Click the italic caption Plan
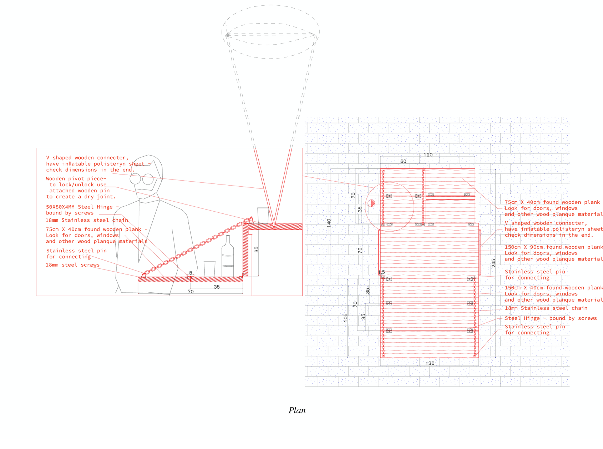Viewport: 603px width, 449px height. pos(297,410)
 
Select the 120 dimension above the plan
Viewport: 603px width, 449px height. pos(428,155)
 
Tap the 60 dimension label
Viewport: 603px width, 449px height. pos(403,161)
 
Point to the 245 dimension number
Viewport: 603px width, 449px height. pos(493,263)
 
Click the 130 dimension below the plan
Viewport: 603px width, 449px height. pos(430,363)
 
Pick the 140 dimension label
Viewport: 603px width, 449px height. pos(329,223)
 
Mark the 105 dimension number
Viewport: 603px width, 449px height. pos(345,318)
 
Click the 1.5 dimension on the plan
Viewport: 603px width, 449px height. pos(381,272)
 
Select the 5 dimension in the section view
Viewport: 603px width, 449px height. pos(191,273)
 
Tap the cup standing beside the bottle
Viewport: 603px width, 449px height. pos(209,268)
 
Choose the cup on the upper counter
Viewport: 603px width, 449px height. pos(263,215)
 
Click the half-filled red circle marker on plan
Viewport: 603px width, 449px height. pos(371,203)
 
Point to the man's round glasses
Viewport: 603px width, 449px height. pos(142,179)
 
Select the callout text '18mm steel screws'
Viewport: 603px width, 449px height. pos(72,265)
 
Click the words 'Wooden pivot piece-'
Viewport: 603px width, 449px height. pos(76,178)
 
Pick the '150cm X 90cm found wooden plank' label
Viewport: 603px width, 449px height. pos(553,247)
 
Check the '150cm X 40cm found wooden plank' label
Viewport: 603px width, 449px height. pos(553,288)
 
